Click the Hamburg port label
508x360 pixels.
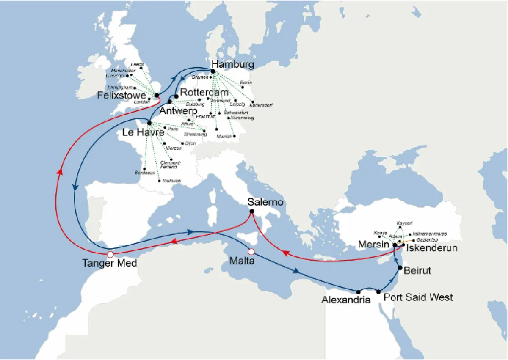pyautogui.click(x=232, y=65)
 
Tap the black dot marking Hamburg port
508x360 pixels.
pyautogui.click(x=213, y=71)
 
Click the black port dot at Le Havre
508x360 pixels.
pyautogui.click(x=149, y=123)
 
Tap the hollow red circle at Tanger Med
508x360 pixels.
pyautogui.click(x=110, y=254)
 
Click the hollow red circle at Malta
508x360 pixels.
pyautogui.click(x=251, y=250)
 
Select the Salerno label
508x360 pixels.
pyautogui.click(x=265, y=203)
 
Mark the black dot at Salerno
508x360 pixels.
pyautogui.click(x=251, y=212)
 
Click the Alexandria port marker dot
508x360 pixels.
pyautogui.click(x=359, y=291)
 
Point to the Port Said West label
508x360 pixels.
pyautogui.click(x=418, y=297)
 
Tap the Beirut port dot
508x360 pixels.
pyautogui.click(x=400, y=268)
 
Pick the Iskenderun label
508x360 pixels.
pyautogui.click(x=432, y=248)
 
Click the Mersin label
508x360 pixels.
pyautogui.click(x=374, y=245)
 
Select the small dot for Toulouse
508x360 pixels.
pyautogui.click(x=159, y=181)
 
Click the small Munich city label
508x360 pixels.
pyautogui.click(x=224, y=136)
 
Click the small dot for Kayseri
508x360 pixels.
pyautogui.click(x=400, y=227)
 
